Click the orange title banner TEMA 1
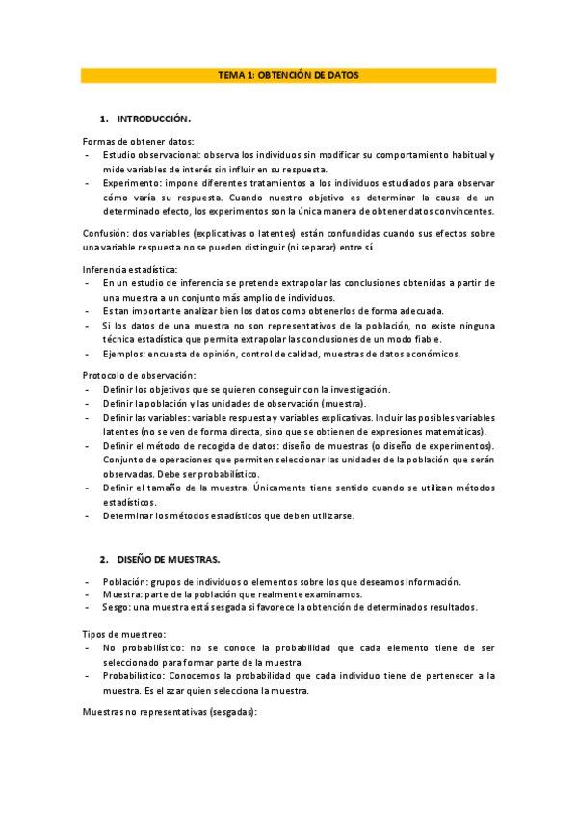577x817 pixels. (288, 75)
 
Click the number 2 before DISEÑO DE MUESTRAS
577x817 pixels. (103, 559)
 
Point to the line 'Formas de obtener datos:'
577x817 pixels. (124, 142)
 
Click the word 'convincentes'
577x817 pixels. (464, 211)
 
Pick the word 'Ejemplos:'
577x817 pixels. (125, 354)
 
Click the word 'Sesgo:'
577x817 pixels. (118, 607)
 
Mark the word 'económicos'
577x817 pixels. (428, 354)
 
